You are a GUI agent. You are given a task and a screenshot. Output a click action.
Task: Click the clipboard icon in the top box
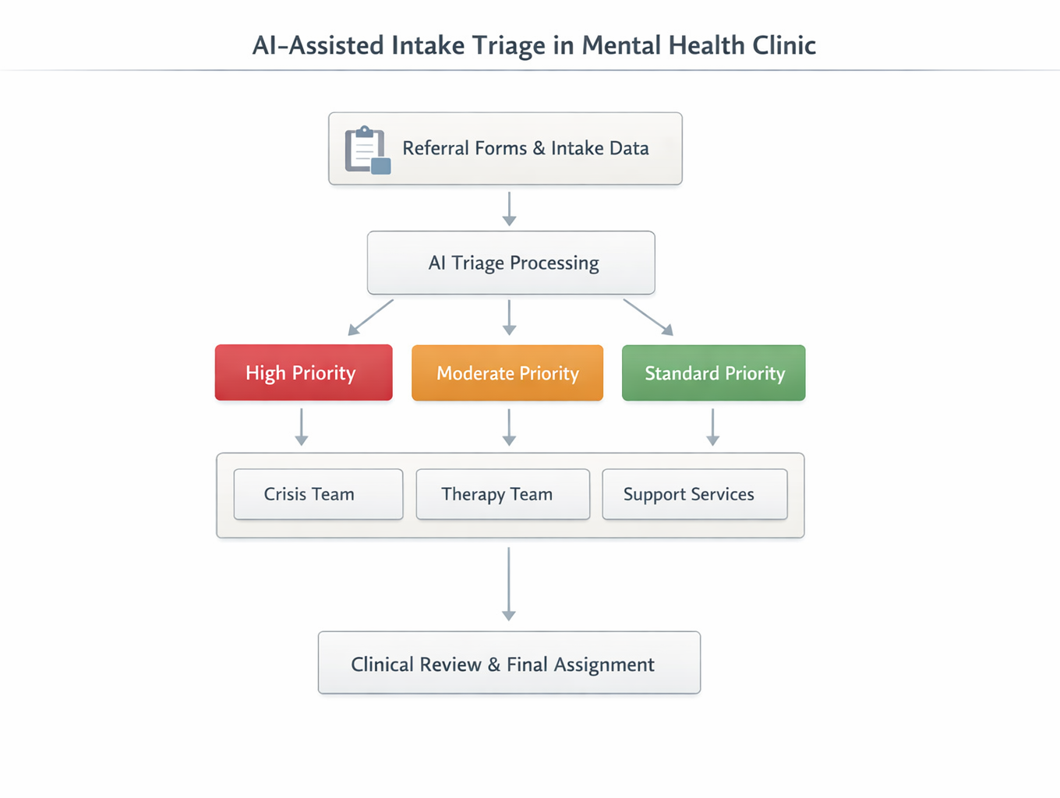coord(367,150)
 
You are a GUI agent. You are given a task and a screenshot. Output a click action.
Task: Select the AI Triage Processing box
coord(511,263)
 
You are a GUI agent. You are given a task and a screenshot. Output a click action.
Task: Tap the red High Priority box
coord(303,373)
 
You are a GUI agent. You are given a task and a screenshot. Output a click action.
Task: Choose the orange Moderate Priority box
coord(507,373)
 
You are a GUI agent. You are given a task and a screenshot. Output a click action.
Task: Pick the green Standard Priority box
coord(713,373)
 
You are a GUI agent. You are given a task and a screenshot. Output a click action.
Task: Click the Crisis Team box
coord(318,494)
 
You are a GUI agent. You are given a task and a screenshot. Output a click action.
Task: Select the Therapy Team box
coord(503,494)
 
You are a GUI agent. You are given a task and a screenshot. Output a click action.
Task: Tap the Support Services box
coord(694,494)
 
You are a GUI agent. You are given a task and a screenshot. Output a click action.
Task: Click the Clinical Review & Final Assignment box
coord(509,663)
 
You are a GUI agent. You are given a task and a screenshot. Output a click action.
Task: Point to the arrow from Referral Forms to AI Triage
coord(509,208)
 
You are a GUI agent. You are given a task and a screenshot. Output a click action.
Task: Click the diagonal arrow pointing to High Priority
coord(370,317)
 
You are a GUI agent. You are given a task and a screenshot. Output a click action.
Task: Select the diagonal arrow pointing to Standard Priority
coord(648,317)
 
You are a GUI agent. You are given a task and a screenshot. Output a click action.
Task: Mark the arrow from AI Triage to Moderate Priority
coord(509,317)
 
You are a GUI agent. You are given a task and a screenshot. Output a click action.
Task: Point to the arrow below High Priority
coord(302,427)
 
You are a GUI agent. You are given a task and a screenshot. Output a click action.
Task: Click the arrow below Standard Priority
coord(712,427)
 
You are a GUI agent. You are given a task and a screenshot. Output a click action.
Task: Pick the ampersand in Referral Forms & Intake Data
coord(539,148)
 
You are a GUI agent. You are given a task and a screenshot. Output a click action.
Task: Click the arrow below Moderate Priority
coord(509,427)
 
